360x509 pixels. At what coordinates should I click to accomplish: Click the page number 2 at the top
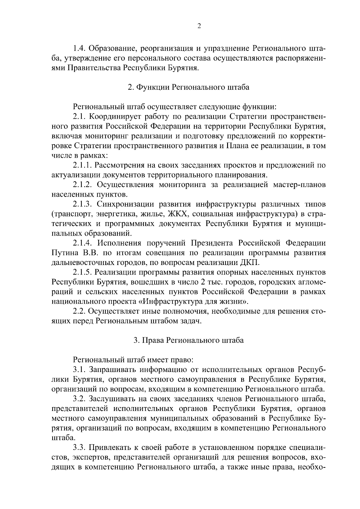tap(199, 26)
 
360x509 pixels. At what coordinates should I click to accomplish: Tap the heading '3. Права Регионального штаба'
tap(188, 340)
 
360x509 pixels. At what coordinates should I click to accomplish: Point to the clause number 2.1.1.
tap(83, 165)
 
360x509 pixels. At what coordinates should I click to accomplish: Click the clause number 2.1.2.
tap(83, 185)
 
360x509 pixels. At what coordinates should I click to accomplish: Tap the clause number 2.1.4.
tap(83, 243)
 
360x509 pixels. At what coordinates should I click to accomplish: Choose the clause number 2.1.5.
tap(83, 272)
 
